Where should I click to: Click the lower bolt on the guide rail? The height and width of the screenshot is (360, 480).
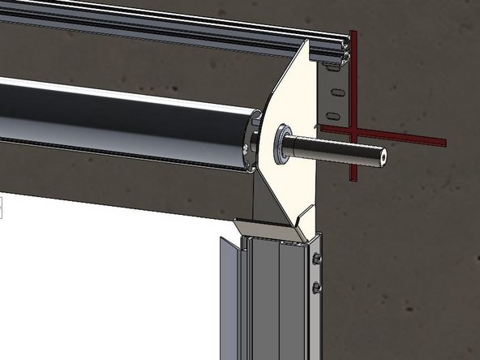click(315, 287)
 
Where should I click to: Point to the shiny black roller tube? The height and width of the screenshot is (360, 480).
click(122, 114)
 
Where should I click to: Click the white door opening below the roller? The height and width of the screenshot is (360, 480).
click(105, 276)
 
